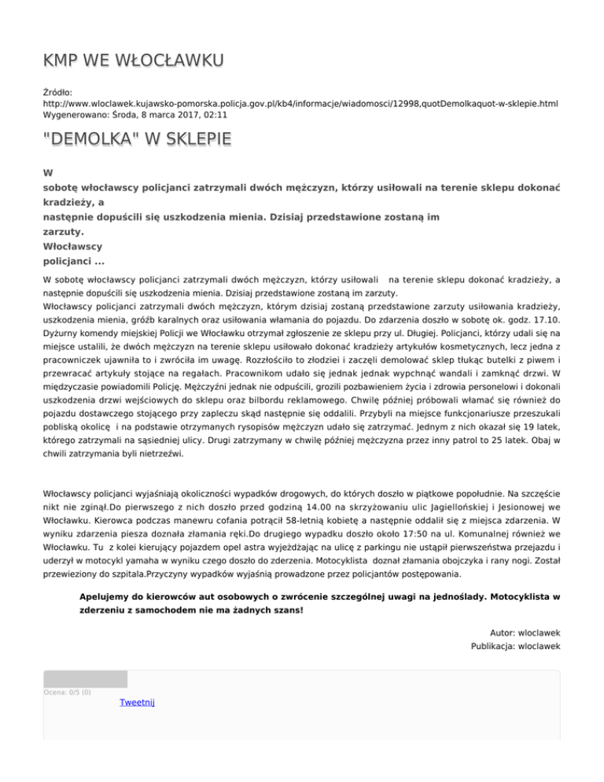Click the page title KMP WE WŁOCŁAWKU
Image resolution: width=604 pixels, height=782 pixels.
tap(134, 61)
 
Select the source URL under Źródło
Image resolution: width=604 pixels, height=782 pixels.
tap(300, 103)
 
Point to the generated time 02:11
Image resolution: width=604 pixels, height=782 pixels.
tap(216, 114)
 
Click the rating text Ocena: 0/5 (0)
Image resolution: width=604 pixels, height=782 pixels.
tap(67, 692)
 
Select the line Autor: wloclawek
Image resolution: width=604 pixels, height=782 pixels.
tap(524, 632)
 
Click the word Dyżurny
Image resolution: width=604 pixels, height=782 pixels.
tap(64, 335)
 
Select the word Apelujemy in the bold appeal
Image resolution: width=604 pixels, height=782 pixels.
tap(106, 596)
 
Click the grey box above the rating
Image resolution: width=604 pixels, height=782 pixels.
tap(85, 679)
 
